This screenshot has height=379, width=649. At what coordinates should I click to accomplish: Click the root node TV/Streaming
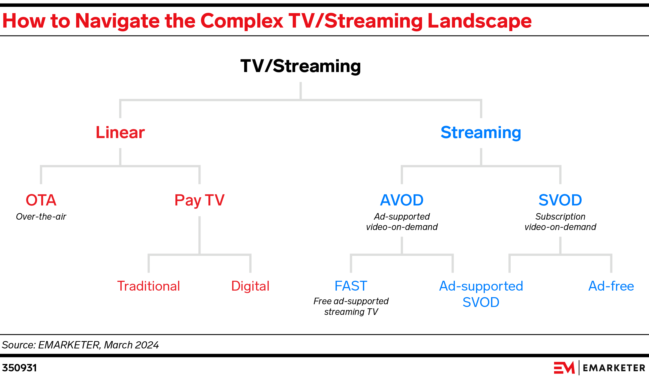(x=300, y=66)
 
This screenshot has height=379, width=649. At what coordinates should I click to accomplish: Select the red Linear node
(x=120, y=133)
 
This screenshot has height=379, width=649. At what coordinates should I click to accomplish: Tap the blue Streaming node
(x=481, y=133)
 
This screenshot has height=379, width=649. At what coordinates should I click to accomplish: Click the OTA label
(x=41, y=200)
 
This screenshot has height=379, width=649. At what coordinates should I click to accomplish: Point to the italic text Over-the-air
(x=41, y=217)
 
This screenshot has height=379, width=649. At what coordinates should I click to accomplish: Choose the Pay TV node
(x=199, y=200)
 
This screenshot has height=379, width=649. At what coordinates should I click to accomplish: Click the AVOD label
(x=402, y=200)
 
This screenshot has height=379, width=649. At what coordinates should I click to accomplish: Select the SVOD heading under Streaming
(x=560, y=200)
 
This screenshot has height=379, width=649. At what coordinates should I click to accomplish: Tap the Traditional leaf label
(x=148, y=286)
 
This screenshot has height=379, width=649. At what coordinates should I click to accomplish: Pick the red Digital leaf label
(x=250, y=286)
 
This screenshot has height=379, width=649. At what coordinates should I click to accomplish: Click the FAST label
(x=351, y=286)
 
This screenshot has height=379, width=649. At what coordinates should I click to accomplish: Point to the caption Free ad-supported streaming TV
(x=351, y=306)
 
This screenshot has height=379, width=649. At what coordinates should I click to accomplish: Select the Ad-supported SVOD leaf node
(x=481, y=294)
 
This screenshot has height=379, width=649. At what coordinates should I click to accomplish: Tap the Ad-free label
(x=611, y=286)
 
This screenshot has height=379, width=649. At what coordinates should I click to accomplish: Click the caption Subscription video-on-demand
(x=560, y=222)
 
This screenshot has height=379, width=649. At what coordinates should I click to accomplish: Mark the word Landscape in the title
(x=479, y=21)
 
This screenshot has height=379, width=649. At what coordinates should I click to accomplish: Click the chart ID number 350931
(x=19, y=368)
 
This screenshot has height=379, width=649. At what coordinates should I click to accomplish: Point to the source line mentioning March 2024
(x=80, y=345)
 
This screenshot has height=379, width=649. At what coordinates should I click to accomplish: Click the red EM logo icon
(x=564, y=368)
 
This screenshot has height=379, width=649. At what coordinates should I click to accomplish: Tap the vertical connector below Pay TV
(x=199, y=235)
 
